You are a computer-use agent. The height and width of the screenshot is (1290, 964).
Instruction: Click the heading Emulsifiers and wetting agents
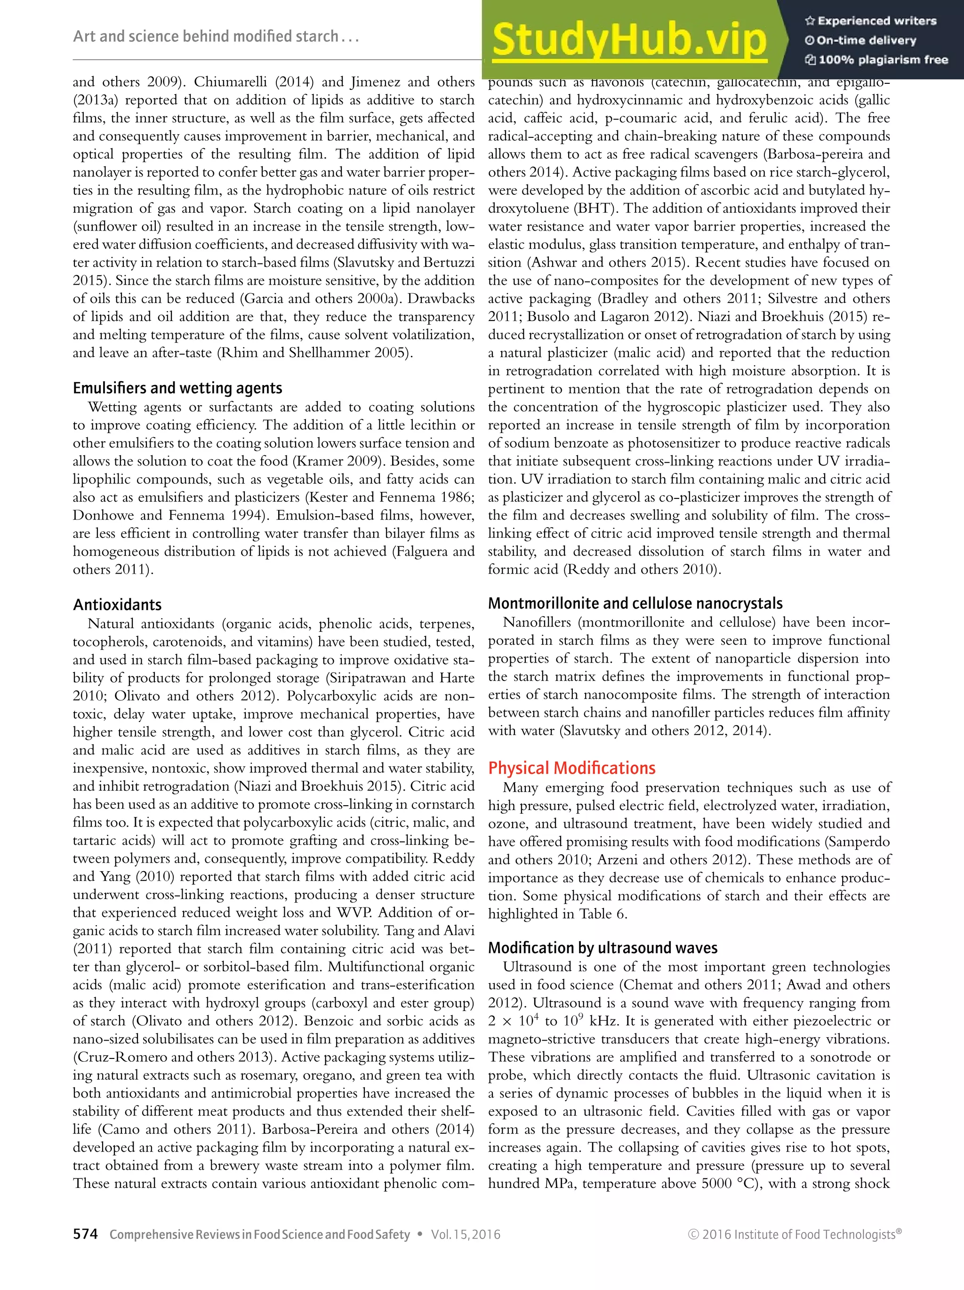coord(177,388)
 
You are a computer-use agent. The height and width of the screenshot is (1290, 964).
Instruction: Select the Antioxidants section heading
coord(117,604)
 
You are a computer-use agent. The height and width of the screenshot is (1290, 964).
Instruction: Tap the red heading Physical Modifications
coord(571,768)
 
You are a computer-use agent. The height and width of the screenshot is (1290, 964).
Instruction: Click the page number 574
coord(85,1234)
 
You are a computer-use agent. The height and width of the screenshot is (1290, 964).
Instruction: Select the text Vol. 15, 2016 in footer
coord(466,1234)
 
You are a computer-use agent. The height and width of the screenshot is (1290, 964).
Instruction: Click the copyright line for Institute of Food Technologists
coord(794,1234)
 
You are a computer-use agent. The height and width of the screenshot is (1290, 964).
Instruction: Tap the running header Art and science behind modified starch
coord(215,37)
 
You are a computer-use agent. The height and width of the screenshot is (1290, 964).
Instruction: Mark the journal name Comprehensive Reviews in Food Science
coord(259,1234)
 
